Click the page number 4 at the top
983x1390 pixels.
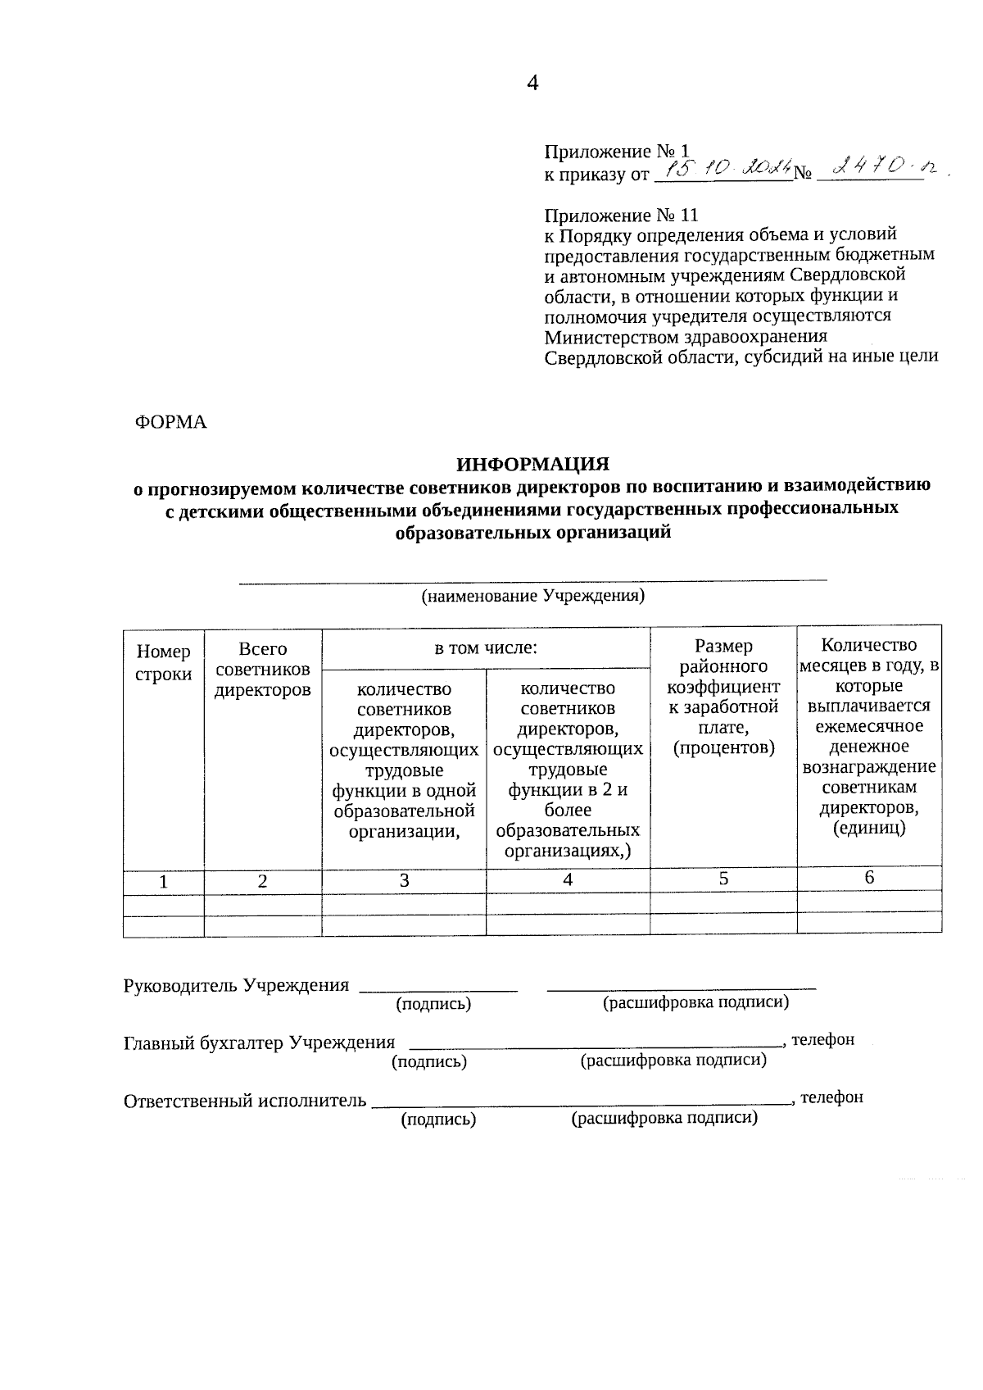click(532, 83)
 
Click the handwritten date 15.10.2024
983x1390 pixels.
click(726, 170)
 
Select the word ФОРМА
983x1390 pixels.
click(170, 422)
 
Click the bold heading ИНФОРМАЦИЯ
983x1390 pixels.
click(532, 465)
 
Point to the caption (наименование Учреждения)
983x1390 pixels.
click(532, 596)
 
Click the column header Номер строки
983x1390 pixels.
click(163, 662)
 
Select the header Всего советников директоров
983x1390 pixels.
click(262, 669)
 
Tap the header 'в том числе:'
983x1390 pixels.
click(485, 648)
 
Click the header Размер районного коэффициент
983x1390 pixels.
click(723, 696)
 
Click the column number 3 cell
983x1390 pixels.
click(404, 880)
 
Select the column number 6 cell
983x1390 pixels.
click(868, 878)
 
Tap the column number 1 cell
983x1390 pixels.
click(164, 882)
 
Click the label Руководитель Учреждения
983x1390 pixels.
click(236, 985)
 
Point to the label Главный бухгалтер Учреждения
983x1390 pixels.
click(259, 1042)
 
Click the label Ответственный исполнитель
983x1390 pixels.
click(244, 1101)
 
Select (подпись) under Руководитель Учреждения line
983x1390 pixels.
click(433, 1003)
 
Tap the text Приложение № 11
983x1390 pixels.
click(621, 216)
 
